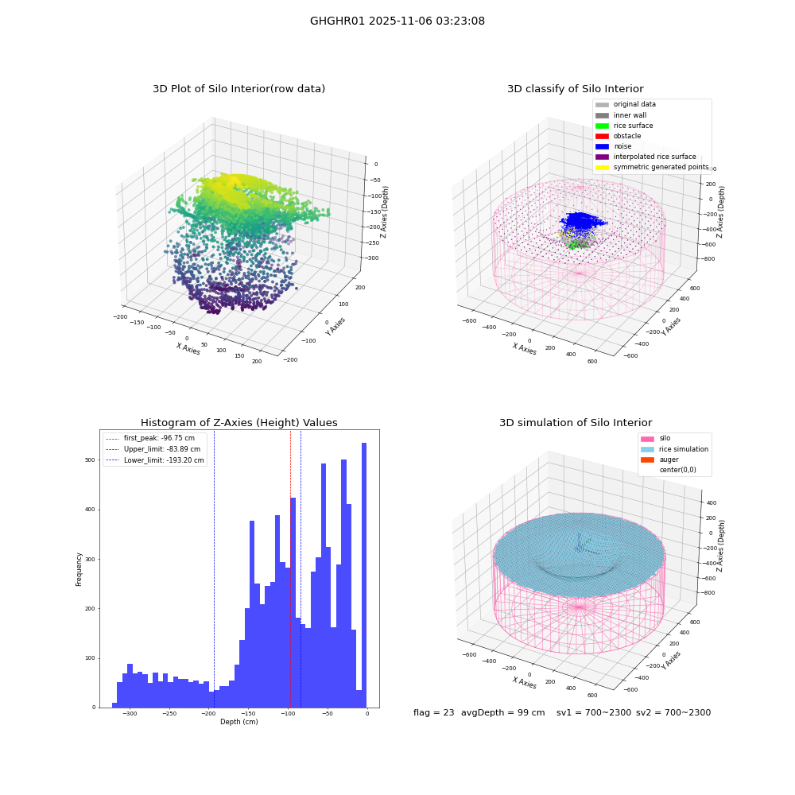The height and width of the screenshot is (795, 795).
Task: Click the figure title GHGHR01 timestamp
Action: [x=397, y=21]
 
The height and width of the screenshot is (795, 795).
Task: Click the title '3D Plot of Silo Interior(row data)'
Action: [x=238, y=89]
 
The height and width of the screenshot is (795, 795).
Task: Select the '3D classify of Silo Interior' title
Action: [x=576, y=89]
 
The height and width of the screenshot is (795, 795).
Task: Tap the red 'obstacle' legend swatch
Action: [x=602, y=136]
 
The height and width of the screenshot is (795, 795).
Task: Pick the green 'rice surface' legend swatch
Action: [x=602, y=126]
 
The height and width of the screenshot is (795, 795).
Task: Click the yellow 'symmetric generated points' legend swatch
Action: [x=602, y=167]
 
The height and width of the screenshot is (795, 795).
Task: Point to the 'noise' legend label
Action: [x=622, y=146]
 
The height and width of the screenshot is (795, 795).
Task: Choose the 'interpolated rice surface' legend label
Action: [x=654, y=157]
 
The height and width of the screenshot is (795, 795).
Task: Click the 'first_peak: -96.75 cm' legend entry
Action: [x=155, y=438]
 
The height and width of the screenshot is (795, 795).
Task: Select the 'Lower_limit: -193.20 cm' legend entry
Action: [x=155, y=460]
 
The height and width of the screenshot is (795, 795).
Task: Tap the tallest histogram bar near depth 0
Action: [x=364, y=575]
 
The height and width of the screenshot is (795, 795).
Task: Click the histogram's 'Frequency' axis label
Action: [x=79, y=569]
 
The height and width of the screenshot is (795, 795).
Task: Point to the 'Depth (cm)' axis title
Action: [x=239, y=722]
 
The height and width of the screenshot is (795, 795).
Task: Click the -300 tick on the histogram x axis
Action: [x=130, y=713]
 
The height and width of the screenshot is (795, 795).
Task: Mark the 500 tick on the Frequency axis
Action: [x=90, y=460]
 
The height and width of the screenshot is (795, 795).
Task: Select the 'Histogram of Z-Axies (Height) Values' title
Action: [x=238, y=423]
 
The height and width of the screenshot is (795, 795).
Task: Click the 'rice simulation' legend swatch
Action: [x=647, y=449]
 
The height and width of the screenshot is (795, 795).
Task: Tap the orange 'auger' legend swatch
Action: [x=647, y=460]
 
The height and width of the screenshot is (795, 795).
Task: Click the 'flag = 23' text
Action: [x=433, y=712]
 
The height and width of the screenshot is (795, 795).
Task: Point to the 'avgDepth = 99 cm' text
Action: [x=503, y=712]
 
